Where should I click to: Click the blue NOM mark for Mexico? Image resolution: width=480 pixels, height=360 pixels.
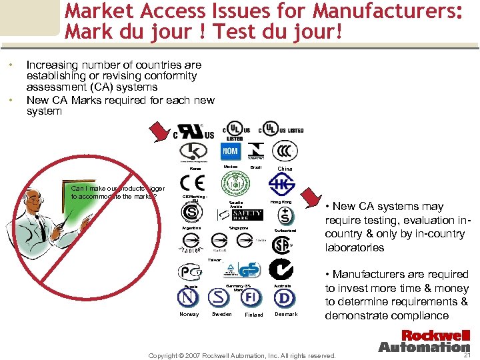pyautogui.click(x=231, y=151)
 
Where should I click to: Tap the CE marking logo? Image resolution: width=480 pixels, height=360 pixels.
pyautogui.click(x=193, y=183)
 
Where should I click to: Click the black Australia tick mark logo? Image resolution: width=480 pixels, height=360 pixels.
pyautogui.click(x=281, y=269)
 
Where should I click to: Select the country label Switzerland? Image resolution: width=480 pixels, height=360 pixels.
pyautogui.click(x=285, y=231)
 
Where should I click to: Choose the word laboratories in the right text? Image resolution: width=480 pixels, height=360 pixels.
pyautogui.click(x=354, y=247)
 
